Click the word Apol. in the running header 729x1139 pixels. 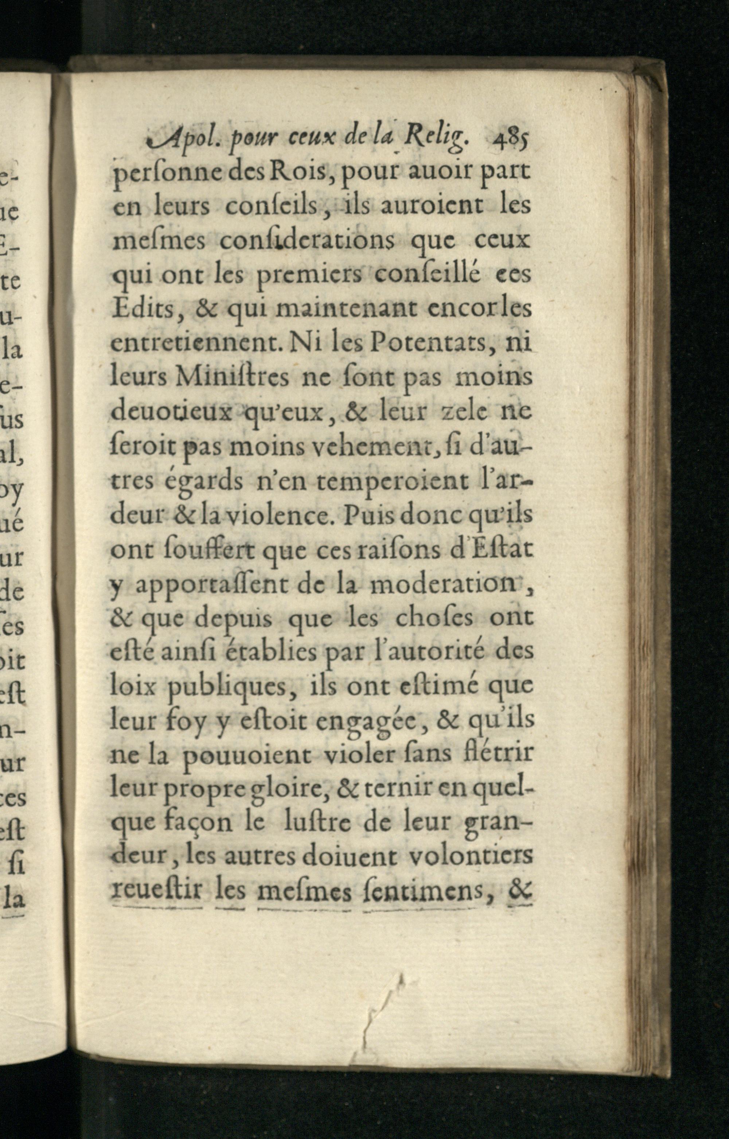pos(174,140)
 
